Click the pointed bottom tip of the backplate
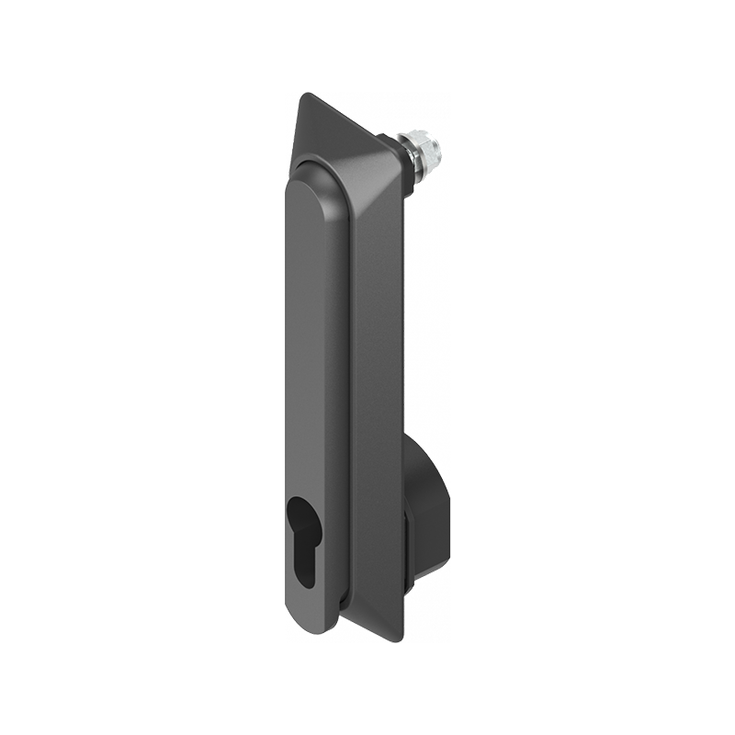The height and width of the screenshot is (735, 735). coord(401,638)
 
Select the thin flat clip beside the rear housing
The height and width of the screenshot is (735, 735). coord(408,551)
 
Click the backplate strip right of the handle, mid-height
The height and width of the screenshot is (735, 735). coord(377,367)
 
